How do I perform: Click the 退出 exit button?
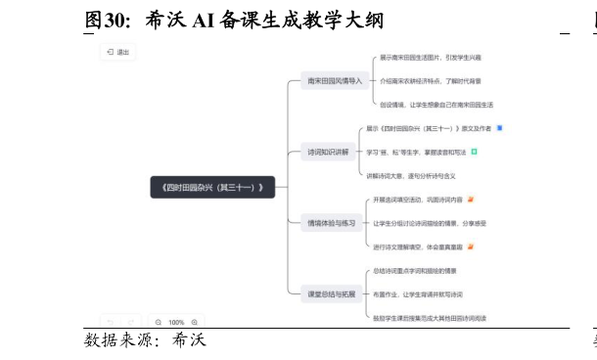click(x=117, y=52)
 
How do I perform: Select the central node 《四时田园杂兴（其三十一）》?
click(x=212, y=187)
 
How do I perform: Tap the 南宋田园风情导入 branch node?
click(x=334, y=80)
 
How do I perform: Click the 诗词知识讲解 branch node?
click(x=328, y=152)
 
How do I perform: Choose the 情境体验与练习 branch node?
click(x=331, y=223)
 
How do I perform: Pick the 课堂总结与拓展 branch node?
click(x=331, y=293)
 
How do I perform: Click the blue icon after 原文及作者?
click(x=499, y=128)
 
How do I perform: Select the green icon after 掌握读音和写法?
click(x=474, y=152)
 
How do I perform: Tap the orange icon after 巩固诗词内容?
click(x=471, y=200)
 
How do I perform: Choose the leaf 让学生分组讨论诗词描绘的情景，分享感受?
click(x=430, y=223)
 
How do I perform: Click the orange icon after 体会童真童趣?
click(x=471, y=247)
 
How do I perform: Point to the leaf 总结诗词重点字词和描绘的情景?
click(x=415, y=270)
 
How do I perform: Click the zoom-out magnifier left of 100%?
click(x=159, y=322)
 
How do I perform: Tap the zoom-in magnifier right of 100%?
click(x=195, y=322)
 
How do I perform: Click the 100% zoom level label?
click(x=176, y=322)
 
